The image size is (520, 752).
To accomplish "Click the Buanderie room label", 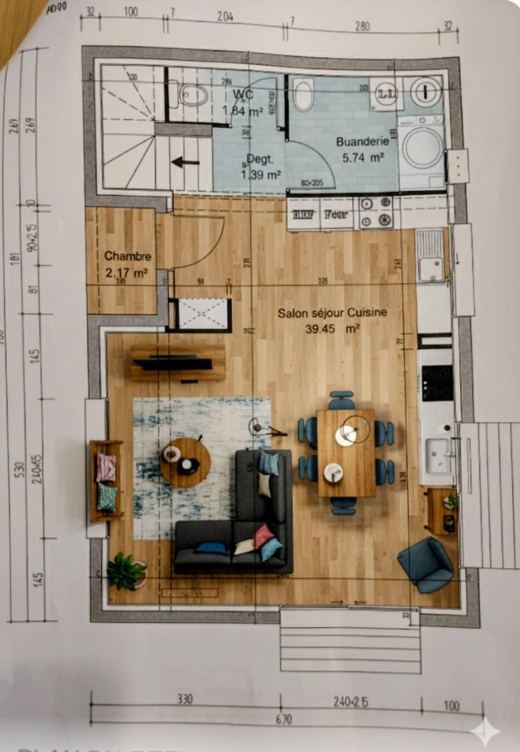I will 360,141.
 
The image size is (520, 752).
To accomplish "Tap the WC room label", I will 243,94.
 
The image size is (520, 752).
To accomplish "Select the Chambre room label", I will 128,256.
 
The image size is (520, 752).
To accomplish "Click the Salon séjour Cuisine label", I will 332,313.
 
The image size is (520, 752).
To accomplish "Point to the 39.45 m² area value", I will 332,329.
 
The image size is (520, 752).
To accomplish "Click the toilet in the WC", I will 191,94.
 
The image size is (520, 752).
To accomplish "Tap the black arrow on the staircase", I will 185,162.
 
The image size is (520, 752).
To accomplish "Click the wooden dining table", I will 345,453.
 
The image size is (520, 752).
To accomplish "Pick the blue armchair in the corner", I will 426,564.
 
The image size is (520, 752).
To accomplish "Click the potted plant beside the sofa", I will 126,571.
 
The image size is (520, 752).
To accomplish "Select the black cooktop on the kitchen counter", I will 436,382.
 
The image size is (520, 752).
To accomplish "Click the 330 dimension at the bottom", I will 184,699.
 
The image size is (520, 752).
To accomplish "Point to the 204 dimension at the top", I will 225,17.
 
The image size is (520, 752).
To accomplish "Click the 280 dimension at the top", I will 362,26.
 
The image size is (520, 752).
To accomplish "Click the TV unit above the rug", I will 178,363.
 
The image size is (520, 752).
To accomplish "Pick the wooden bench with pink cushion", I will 106,480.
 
